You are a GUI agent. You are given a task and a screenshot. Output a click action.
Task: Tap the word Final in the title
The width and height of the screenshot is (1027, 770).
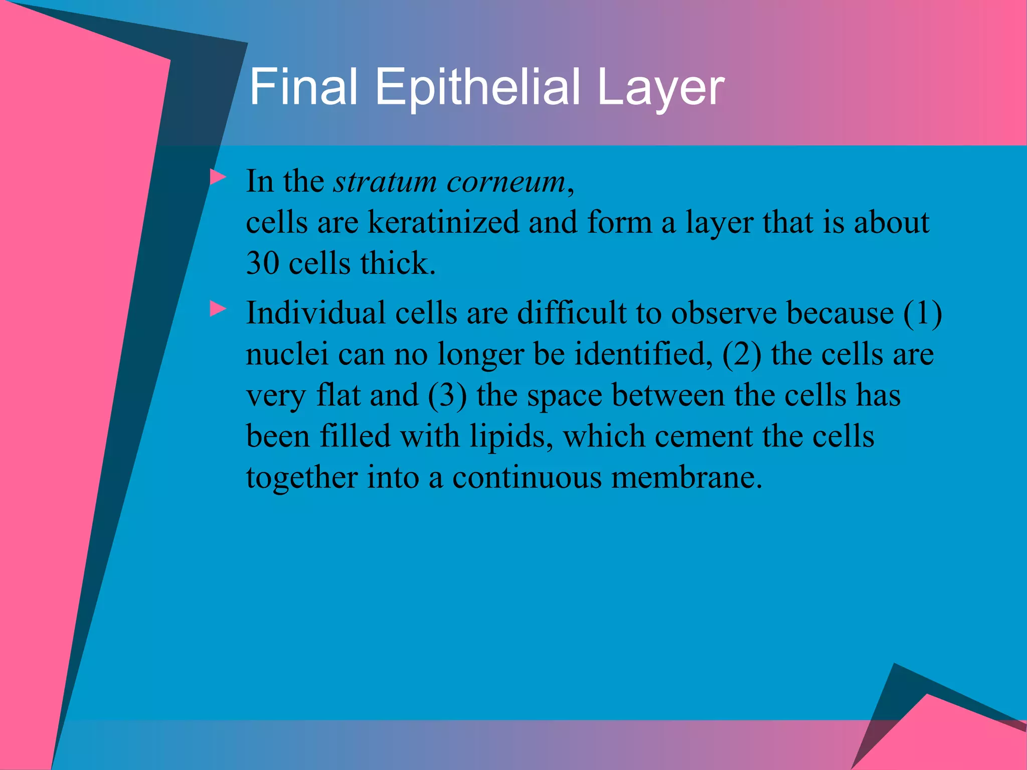(x=303, y=88)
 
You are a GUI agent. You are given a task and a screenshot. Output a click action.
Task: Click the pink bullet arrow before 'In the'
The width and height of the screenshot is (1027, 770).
(x=218, y=177)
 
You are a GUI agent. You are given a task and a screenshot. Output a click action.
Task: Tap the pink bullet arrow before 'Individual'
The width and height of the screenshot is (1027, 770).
(x=218, y=308)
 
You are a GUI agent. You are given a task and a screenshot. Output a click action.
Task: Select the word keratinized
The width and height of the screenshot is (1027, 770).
(x=443, y=222)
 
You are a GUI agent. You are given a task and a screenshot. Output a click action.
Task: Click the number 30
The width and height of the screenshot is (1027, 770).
(x=262, y=263)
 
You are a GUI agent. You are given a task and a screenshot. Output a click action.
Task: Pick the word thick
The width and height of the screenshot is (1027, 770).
(x=397, y=263)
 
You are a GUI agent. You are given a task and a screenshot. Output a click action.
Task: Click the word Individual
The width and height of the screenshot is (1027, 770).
(x=315, y=313)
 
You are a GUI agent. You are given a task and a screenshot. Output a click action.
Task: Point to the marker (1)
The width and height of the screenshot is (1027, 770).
(x=922, y=314)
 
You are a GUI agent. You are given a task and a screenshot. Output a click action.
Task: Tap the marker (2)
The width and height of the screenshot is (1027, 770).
(x=741, y=354)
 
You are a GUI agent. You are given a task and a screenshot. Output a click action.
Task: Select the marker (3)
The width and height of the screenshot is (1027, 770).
(x=447, y=396)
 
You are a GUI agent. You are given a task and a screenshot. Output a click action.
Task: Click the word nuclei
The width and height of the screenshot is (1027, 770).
(x=287, y=354)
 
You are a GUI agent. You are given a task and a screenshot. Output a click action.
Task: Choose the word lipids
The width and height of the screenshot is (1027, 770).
(x=511, y=437)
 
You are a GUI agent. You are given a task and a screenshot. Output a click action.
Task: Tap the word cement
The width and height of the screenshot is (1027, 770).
(x=704, y=437)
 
